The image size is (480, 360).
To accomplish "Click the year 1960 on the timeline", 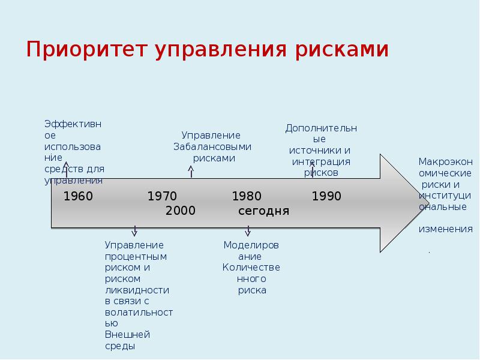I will coord(78,196).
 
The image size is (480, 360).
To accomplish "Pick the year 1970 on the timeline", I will coord(162,196).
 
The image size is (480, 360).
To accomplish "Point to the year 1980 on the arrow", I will coord(247,196).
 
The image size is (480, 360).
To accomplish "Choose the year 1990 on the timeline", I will coord(326,196).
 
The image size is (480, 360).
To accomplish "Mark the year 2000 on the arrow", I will coord(181,211).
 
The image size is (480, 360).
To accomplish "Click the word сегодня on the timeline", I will coord(263,211).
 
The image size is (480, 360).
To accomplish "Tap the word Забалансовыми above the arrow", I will coord(212,146).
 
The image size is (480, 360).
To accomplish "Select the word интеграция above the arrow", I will coord(321,161).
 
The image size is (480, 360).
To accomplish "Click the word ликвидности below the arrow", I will coord(137,290).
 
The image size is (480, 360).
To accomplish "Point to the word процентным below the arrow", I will coord(136,256).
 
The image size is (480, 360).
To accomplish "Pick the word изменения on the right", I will coord(445,229).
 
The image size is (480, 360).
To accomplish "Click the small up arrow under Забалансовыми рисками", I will coord(191,172).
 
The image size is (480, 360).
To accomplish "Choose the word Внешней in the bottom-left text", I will coord(127,334).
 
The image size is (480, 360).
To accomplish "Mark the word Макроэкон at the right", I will coord(445,161).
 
